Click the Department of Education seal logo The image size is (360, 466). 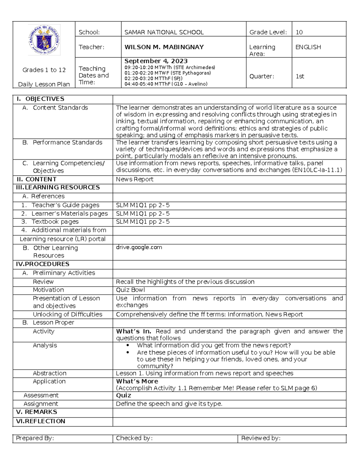pyautogui.click(x=44, y=40)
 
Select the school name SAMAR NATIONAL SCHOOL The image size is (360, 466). pyautogui.click(x=164, y=32)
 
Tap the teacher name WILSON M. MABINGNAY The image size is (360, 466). pyautogui.click(x=164, y=47)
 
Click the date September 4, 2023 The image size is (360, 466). pyautogui.click(x=156, y=61)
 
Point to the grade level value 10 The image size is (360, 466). pyautogui.click(x=299, y=32)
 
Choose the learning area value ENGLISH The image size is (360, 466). pyautogui.click(x=308, y=47)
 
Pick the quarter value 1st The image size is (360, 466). pyautogui.click(x=300, y=76)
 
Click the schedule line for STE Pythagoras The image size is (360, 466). pyautogui.click(x=168, y=73)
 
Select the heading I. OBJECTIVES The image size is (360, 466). pyautogui.click(x=40, y=99)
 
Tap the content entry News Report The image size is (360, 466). pyautogui.click(x=135, y=179)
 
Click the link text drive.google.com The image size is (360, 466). pyautogui.click(x=139, y=247)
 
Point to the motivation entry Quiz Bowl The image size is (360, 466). pyautogui.click(x=130, y=290)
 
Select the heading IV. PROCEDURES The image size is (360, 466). pyautogui.click(x=43, y=264)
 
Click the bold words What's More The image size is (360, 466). pyautogui.click(x=137, y=381)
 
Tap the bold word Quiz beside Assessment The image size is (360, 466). pyautogui.click(x=124, y=395)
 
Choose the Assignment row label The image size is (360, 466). pyautogui.click(x=41, y=404)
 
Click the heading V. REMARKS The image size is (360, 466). pyautogui.click(x=37, y=412)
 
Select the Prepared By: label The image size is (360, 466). pyautogui.click(x=35, y=438)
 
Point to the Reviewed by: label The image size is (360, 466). pyautogui.click(x=261, y=438)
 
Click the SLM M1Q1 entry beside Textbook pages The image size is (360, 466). pyautogui.click(x=143, y=222)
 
